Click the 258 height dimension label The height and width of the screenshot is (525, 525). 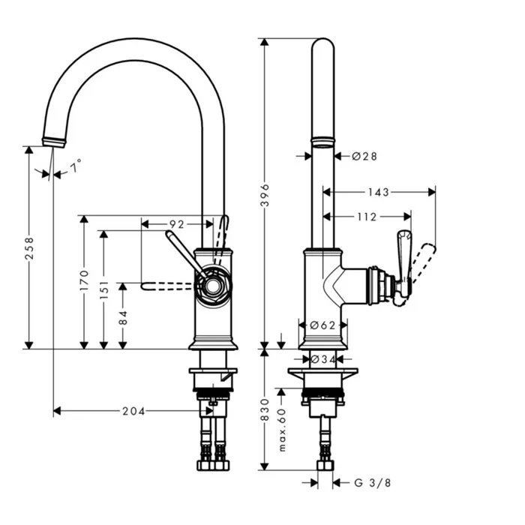tap(29, 247)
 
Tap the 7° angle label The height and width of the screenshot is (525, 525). tap(76, 165)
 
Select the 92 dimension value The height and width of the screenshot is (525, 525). tap(176, 223)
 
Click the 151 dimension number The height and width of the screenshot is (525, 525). tap(104, 292)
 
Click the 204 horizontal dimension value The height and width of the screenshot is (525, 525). tap(134, 411)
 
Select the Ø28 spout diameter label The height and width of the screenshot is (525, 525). tap(364, 156)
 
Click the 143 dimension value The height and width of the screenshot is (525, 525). tap(379, 193)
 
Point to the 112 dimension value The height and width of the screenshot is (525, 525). tap(366, 217)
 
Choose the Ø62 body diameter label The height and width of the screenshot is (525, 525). tap(322, 325)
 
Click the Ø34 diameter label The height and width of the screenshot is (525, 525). tap(322, 358)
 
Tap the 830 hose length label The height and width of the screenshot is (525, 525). tap(264, 409)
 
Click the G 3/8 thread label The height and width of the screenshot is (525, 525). tap(371, 482)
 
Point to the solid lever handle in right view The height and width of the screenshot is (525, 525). tap(403, 259)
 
